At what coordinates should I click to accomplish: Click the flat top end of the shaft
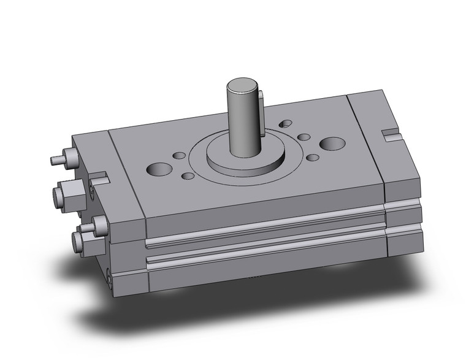coord(243,85)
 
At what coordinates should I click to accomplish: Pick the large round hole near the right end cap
coord(332,144)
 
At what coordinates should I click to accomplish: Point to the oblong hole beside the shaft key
coord(285,124)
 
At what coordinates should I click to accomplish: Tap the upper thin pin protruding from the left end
coord(56,161)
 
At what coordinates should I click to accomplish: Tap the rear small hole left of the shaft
coord(179,155)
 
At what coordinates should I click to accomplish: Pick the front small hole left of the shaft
coord(188,176)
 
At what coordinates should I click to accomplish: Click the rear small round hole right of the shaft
coord(304,137)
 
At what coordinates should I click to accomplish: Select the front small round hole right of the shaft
coord(312,158)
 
